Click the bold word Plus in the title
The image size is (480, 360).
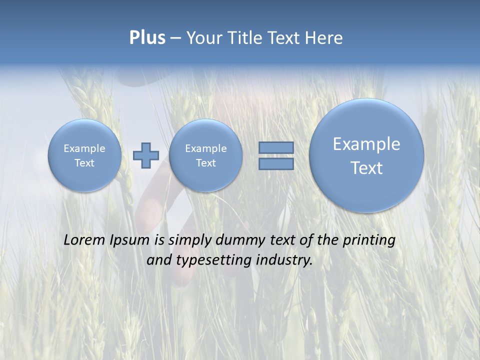[147, 38]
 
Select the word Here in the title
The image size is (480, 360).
[324, 38]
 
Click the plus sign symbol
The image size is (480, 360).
[145, 155]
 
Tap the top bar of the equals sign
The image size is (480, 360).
[276, 147]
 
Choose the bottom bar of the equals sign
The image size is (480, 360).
[276, 164]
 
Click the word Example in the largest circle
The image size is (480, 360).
[366, 144]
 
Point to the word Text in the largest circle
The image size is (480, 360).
[366, 168]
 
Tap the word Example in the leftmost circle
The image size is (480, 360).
[84, 148]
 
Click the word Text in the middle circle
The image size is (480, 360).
[205, 163]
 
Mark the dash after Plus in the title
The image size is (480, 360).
[175, 38]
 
